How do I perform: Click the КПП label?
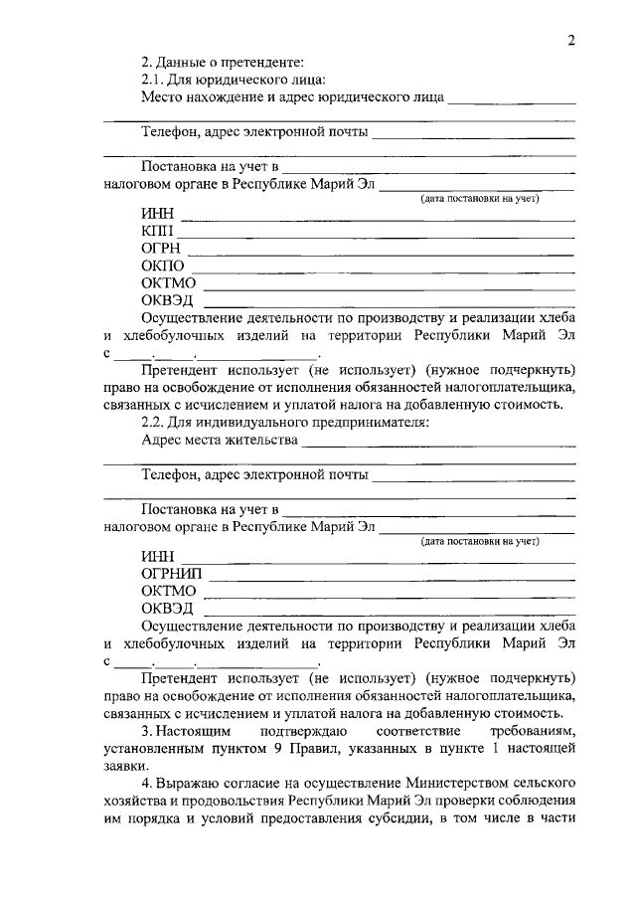point(157,232)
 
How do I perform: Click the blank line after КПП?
point(377,237)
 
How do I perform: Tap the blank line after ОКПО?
point(384,270)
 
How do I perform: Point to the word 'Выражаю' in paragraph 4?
point(190,786)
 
